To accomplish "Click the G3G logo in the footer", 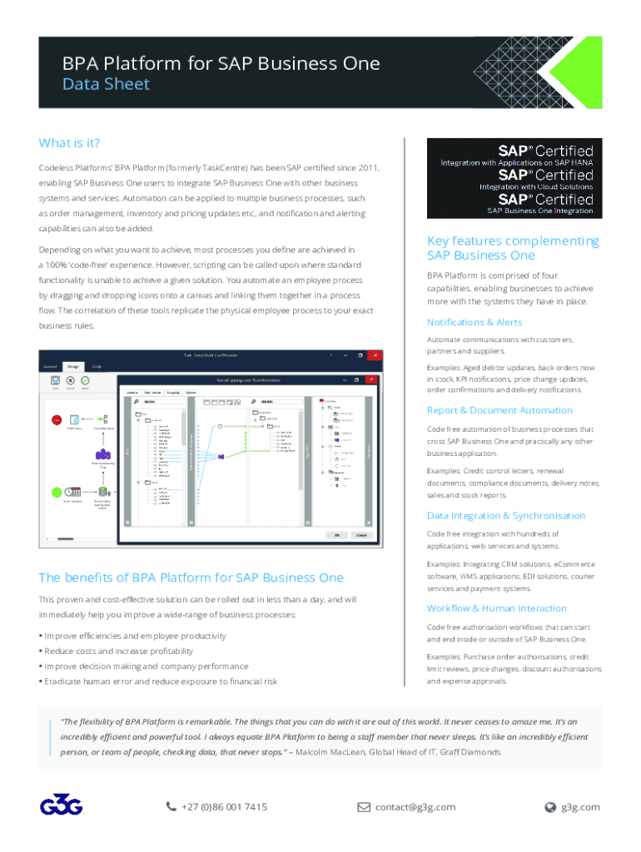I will [x=61, y=806].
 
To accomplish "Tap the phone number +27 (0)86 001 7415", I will [x=224, y=806].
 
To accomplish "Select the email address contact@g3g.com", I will [x=415, y=806].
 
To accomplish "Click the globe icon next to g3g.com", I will [x=549, y=806].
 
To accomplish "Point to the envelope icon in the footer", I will [x=364, y=806].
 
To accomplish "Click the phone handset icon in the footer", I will [x=171, y=806].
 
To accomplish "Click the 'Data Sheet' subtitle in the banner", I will [x=107, y=84].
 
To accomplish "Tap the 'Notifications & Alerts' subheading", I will [x=474, y=322].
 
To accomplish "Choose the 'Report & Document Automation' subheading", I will [x=499, y=410].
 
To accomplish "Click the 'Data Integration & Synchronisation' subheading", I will [x=506, y=516].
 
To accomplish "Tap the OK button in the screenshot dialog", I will [x=336, y=535].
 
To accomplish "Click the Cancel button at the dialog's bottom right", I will [x=362, y=535].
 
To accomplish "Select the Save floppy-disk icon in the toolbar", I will [x=56, y=381].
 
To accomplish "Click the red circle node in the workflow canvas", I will [x=57, y=420].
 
